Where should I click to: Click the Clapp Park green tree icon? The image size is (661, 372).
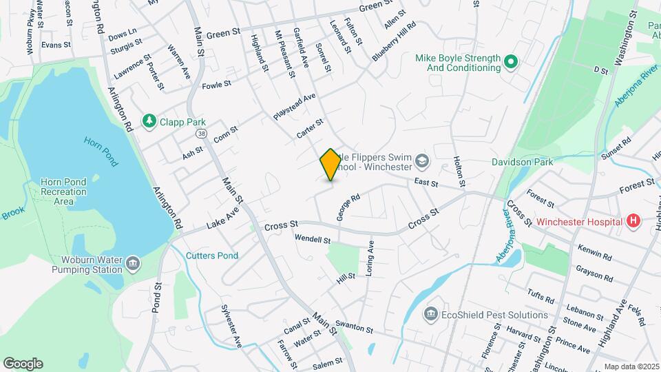[x=149, y=121]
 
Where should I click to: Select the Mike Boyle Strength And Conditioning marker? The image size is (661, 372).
[x=510, y=63]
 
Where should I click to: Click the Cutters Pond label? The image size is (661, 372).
[x=212, y=256]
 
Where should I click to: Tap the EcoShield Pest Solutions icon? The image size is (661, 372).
[x=431, y=315]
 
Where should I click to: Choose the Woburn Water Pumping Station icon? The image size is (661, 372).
[x=132, y=262]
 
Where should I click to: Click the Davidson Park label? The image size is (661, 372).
[x=522, y=163]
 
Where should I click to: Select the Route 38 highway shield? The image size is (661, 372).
[x=200, y=132]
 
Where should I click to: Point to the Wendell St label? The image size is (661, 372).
[x=313, y=240]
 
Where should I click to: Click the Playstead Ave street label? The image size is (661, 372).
[x=294, y=107]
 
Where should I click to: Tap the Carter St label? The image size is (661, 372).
[x=310, y=129]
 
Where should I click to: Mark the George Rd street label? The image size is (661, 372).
[x=348, y=207]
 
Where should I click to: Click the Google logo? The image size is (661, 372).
[x=23, y=363]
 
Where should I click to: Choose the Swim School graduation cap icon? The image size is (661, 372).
[x=421, y=163]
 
